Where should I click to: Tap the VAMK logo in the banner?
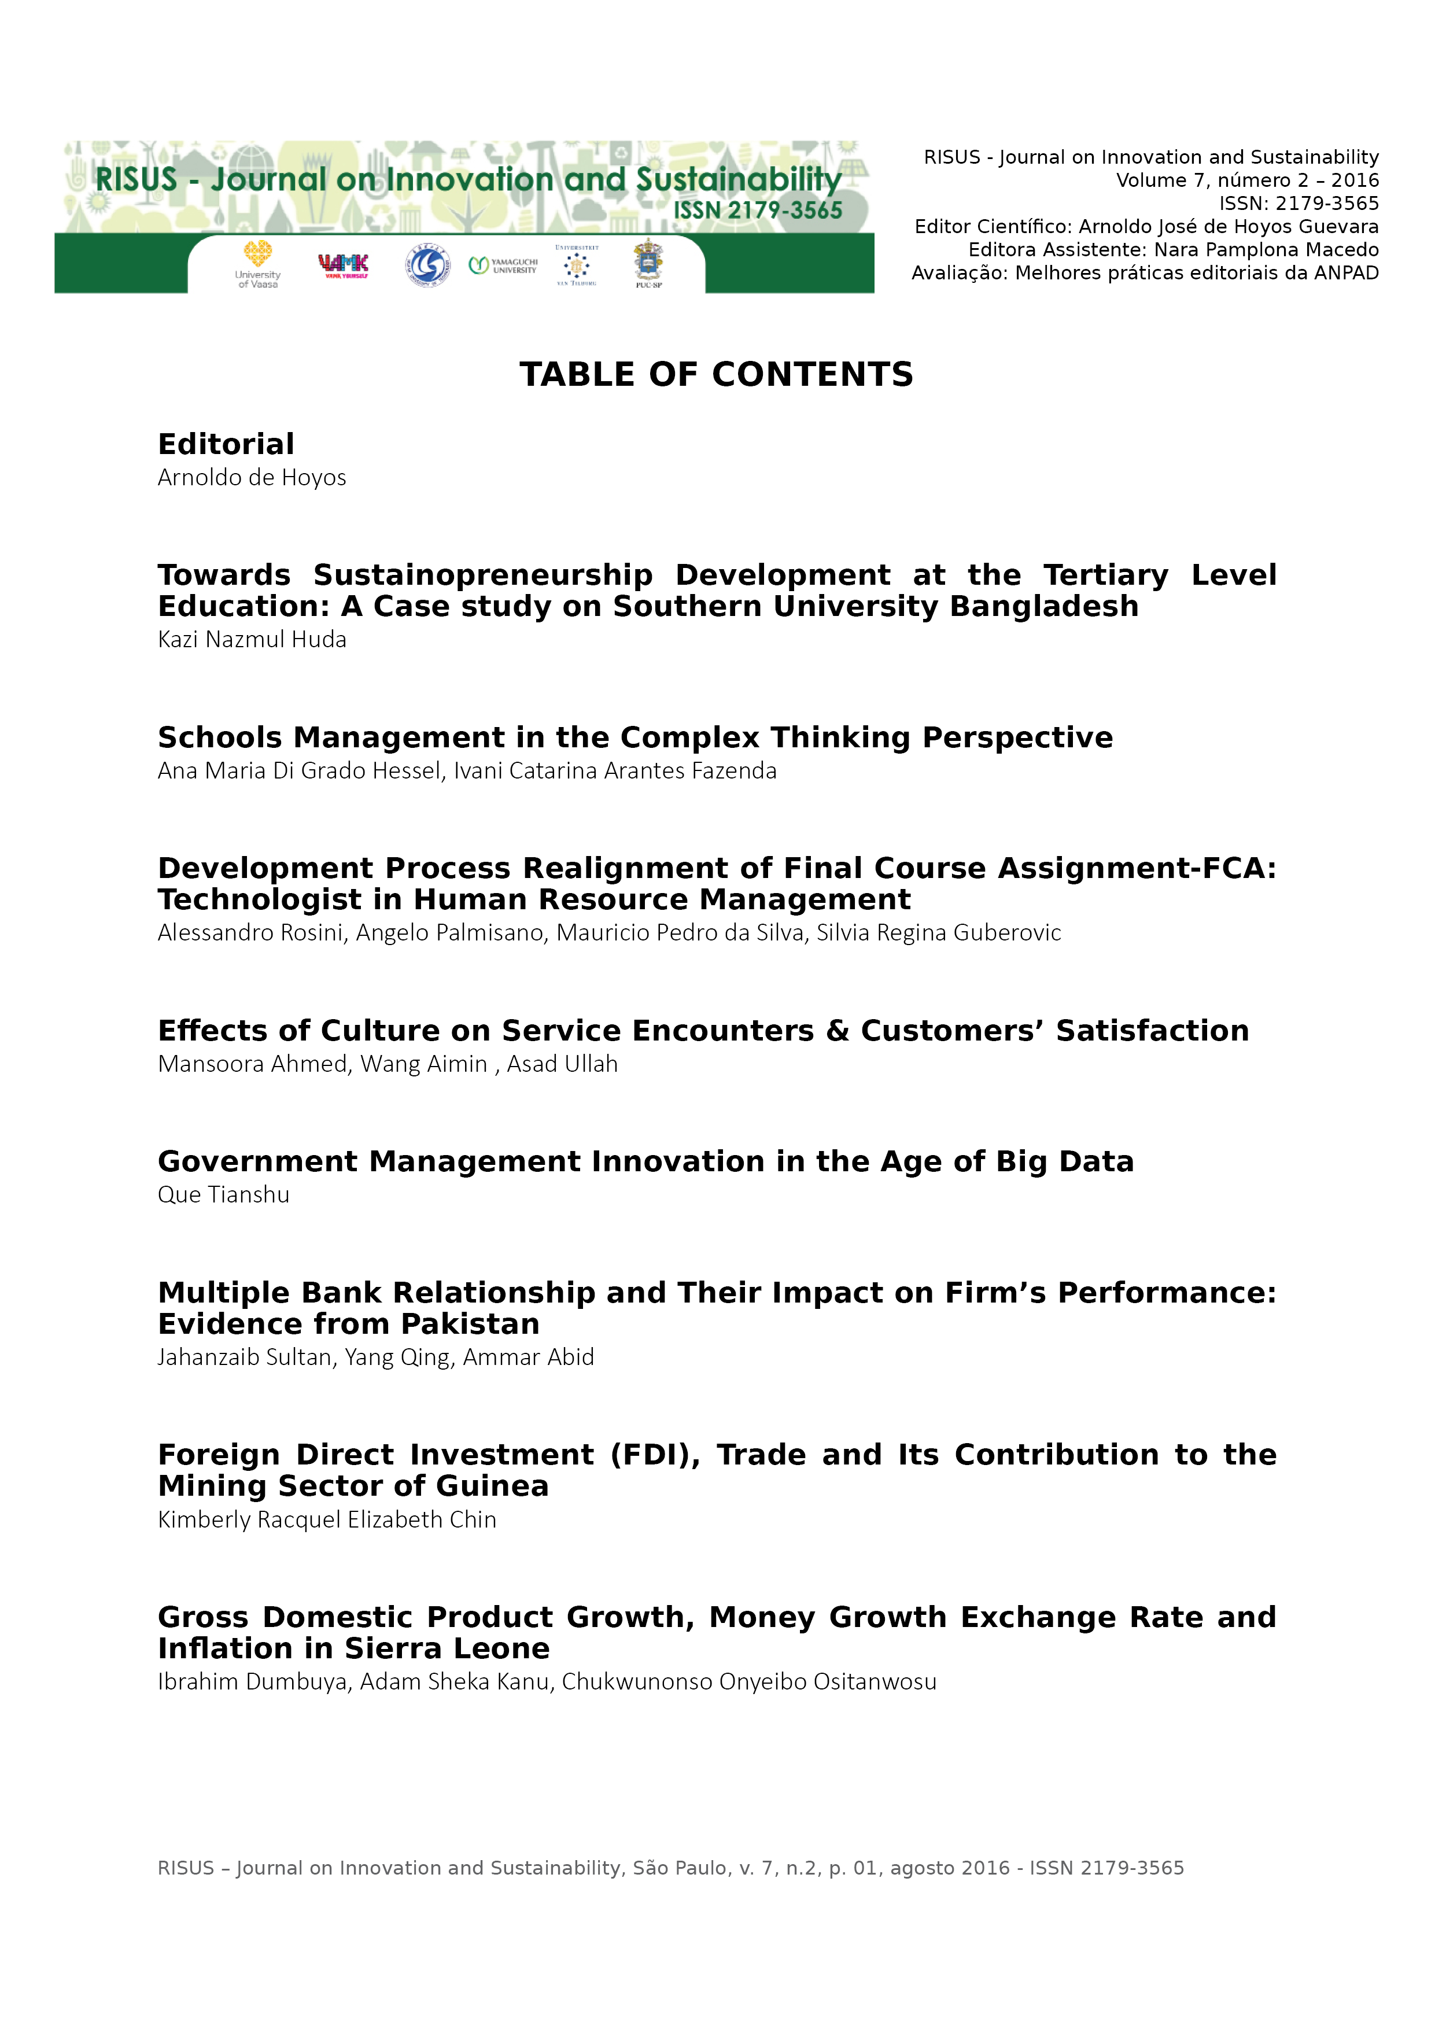[x=343, y=265]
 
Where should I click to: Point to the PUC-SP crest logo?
[x=648, y=263]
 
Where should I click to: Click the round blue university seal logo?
[x=427, y=265]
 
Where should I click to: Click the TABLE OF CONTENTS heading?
[x=715, y=375]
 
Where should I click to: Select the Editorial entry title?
[x=226, y=444]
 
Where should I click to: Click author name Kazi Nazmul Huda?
[x=252, y=640]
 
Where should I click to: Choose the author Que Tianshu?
[x=224, y=1195]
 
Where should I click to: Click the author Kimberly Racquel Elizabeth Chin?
[x=327, y=1520]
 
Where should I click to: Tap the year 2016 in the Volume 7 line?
[x=1355, y=180]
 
